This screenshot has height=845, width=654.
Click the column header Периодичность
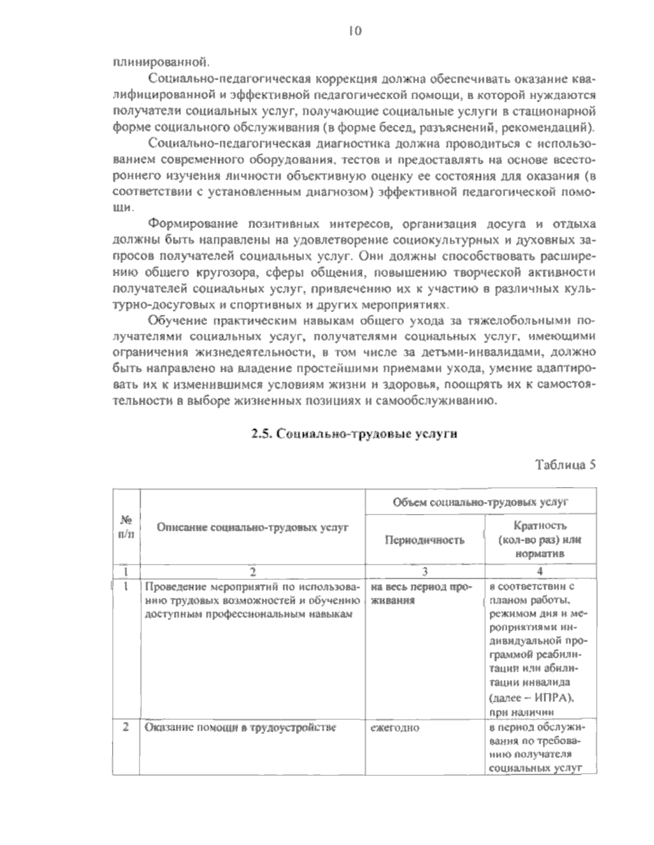coord(425,540)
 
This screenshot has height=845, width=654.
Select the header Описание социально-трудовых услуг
coord(252,527)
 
